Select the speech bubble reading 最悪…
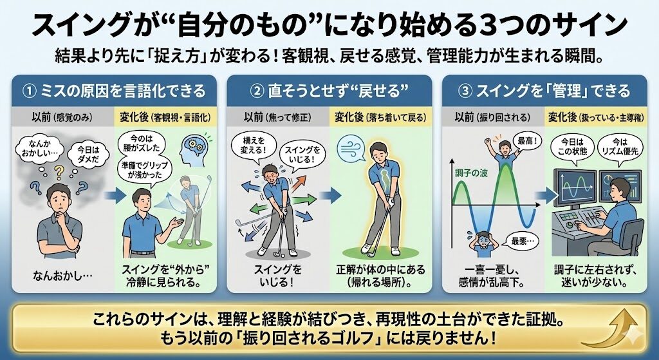click(522, 241)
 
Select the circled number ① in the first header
click(31, 90)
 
